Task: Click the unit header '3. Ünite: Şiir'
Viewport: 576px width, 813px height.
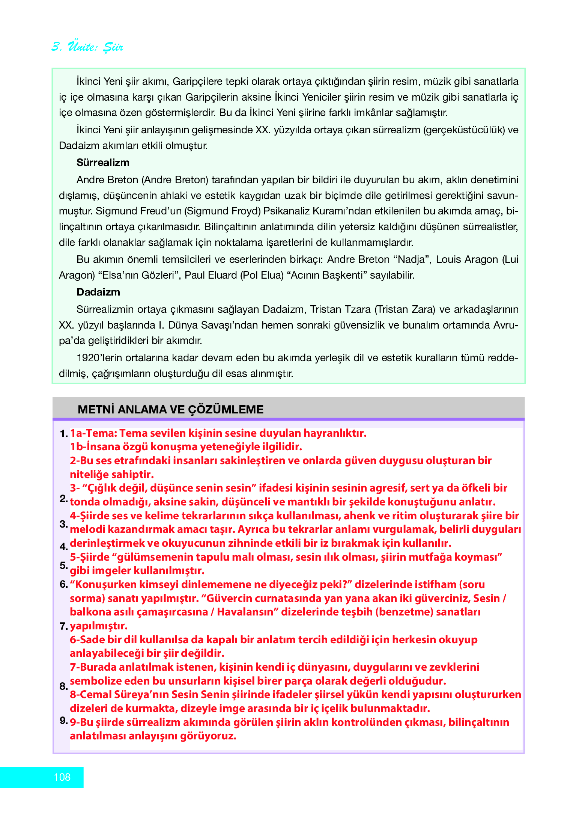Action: pos(87,47)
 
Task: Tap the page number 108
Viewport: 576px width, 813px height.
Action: pos(62,777)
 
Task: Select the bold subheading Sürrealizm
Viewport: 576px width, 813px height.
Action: pos(103,163)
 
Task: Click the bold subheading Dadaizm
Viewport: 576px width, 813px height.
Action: pos(98,292)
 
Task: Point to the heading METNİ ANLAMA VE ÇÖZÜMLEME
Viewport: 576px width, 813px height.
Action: pos(170,409)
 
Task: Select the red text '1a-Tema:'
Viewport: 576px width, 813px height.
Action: pos(93,433)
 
